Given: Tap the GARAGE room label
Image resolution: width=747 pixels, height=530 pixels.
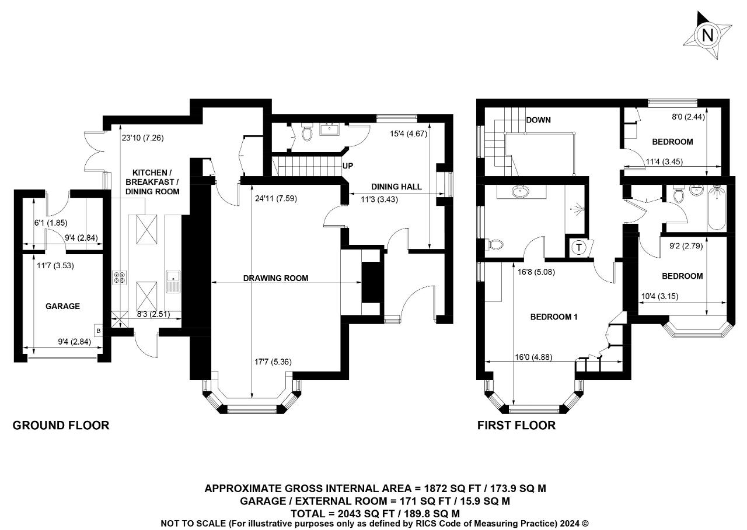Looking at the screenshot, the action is click(62, 306).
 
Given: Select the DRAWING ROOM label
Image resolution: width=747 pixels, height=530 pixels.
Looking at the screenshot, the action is click(276, 278).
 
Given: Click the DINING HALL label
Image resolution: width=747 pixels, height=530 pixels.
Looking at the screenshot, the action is click(396, 187).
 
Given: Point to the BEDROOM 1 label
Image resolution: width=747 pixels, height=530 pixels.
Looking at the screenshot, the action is click(554, 317).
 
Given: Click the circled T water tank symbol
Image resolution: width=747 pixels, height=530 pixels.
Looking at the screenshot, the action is click(579, 248).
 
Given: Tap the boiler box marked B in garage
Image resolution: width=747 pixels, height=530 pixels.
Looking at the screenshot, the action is click(99, 331).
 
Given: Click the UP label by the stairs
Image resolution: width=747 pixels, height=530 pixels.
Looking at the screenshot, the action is click(347, 166).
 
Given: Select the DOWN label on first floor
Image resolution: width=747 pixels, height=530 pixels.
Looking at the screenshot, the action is click(538, 120).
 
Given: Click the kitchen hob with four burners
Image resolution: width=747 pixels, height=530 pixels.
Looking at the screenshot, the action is click(120, 278).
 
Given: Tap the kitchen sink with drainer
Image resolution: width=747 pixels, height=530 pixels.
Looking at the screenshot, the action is click(173, 282).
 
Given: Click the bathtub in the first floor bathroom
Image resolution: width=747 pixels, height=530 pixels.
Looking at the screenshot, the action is click(717, 209).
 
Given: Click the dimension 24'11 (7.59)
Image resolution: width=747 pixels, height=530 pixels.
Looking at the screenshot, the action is click(276, 199).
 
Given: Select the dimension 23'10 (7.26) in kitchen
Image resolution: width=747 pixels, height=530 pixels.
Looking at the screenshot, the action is click(143, 138).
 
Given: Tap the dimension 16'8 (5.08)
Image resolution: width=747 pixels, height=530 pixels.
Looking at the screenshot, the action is click(536, 272).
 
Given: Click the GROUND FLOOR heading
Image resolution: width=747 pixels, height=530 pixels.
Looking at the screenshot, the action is click(61, 426).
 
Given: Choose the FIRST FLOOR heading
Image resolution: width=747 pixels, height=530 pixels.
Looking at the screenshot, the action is click(516, 426).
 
